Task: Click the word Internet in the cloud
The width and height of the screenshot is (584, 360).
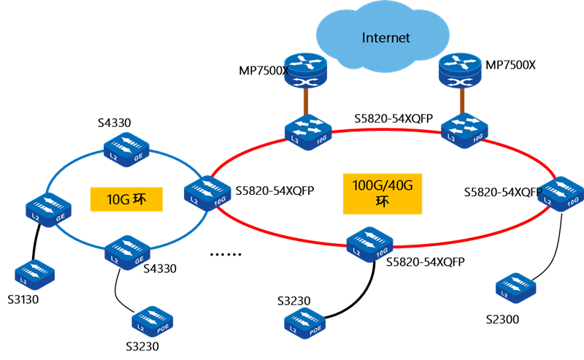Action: (x=386, y=38)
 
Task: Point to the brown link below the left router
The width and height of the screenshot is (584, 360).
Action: (x=307, y=102)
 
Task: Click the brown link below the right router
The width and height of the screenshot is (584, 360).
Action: (x=461, y=102)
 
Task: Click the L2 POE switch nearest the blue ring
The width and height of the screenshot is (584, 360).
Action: (x=151, y=320)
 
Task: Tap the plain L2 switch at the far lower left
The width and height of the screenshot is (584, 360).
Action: (x=34, y=272)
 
